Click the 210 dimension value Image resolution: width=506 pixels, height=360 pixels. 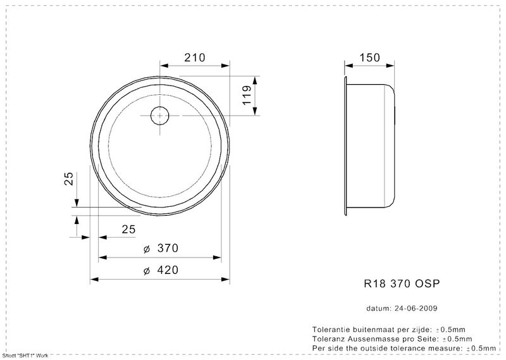(195, 58)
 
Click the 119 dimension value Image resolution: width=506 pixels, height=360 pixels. (247, 95)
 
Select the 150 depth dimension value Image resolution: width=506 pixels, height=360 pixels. (370, 58)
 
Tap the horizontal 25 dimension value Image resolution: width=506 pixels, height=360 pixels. (129, 229)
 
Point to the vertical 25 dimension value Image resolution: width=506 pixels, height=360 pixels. (69, 178)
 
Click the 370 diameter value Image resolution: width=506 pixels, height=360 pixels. (168, 248)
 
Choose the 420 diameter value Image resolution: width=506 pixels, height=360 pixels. (168, 270)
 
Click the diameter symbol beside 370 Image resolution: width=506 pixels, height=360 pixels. (147, 249)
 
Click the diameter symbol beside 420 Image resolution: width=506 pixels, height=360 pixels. (147, 271)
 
